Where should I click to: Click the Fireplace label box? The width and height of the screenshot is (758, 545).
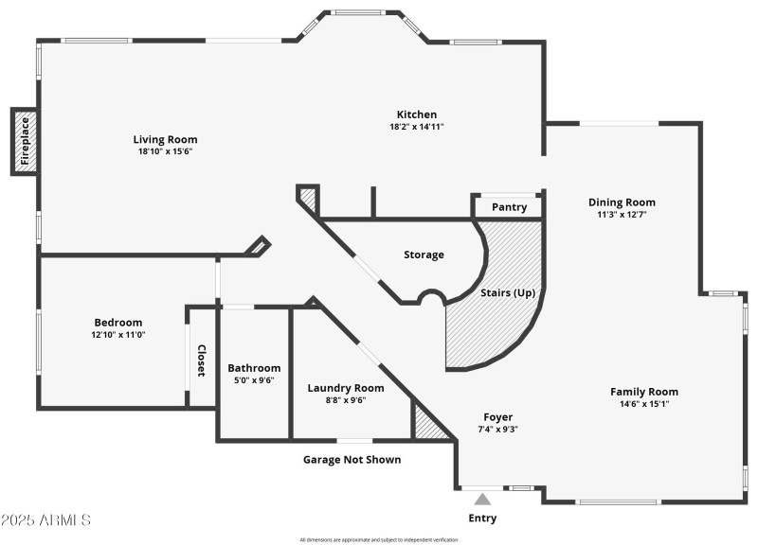(26, 142)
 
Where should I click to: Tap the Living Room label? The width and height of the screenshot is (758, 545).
(165, 139)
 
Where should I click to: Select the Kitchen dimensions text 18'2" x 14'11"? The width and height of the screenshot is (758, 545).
(417, 127)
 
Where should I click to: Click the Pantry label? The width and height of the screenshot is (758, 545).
(509, 207)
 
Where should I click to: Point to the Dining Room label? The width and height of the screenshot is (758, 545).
(622, 202)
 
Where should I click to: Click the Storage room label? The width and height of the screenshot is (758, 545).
(424, 255)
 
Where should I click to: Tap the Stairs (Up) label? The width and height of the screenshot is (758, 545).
(508, 292)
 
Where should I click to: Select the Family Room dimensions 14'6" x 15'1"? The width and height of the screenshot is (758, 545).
(644, 405)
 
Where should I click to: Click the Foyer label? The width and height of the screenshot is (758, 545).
(497, 416)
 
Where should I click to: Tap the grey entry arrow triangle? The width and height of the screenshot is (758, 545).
(482, 499)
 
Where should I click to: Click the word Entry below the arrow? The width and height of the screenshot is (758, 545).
(482, 518)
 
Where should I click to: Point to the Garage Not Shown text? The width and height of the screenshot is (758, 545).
(352, 460)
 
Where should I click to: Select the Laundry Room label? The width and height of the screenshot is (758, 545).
(346, 387)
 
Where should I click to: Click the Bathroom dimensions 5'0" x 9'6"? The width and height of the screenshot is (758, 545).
(254, 381)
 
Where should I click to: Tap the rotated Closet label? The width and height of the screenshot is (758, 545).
(201, 360)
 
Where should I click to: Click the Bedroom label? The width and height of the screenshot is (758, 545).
(117, 322)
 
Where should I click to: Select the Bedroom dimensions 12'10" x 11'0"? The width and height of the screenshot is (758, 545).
(117, 334)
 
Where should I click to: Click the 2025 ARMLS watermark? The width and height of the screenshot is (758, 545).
(45, 520)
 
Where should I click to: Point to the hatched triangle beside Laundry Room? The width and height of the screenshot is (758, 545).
(427, 423)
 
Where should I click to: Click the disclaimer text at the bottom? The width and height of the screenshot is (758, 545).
(379, 539)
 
